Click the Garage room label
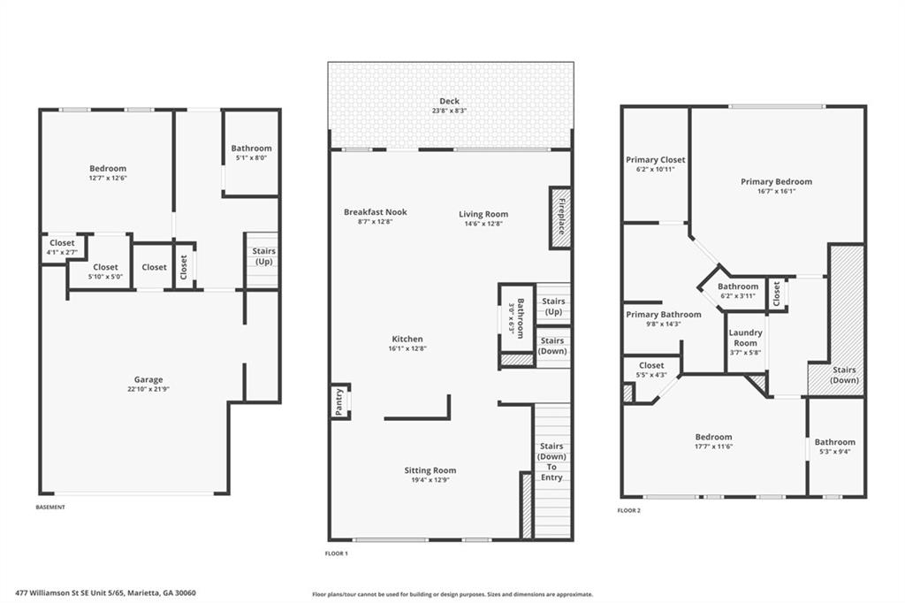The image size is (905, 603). pos(148,379)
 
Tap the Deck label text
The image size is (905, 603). pos(450,101)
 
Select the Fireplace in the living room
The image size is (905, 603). pos(559,217)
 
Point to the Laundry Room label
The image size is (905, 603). pos(745,338)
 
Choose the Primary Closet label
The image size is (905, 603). pos(655,160)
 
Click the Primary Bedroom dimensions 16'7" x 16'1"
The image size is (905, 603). pos(776,191)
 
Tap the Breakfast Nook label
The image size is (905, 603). pos(375,212)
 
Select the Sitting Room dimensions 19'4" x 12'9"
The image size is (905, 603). pos(430,480)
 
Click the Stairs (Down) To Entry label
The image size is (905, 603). pos(551,462)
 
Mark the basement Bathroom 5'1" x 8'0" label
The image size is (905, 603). pos(251,149)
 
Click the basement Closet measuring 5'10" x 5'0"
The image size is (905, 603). pos(105,271)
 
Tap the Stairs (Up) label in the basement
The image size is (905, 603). pos(262,256)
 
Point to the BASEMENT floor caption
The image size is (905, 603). pos(50,507)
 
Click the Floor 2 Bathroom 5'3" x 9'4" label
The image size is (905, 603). pos(834,447)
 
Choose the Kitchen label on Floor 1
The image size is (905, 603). pos(407,339)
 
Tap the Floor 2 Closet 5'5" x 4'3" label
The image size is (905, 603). pos(651,370)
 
